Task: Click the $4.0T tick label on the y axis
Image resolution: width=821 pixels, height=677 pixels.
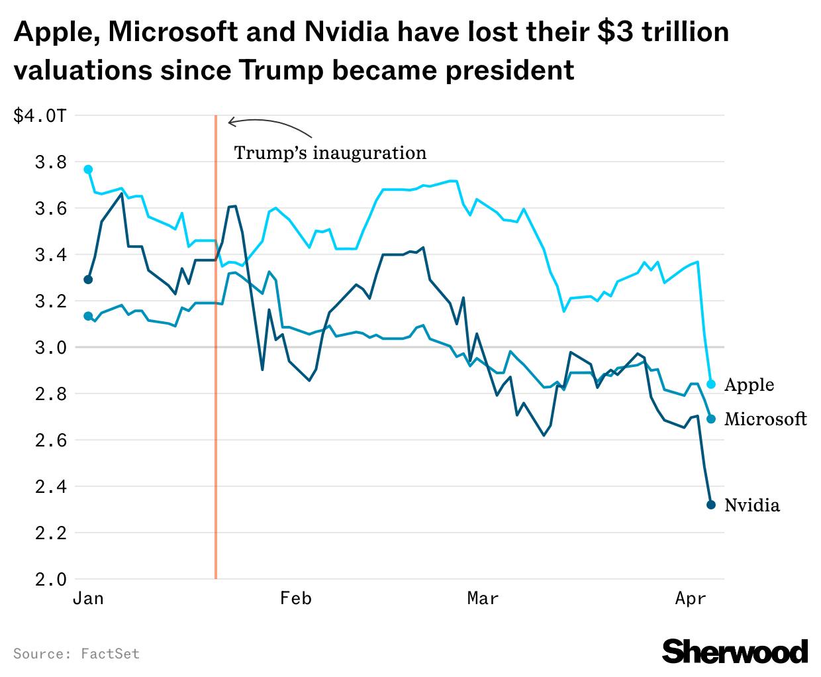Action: pyautogui.click(x=40, y=116)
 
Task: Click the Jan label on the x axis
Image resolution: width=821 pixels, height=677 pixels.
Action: pyautogui.click(x=88, y=599)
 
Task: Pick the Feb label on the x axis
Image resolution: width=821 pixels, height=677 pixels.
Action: pyautogui.click(x=295, y=599)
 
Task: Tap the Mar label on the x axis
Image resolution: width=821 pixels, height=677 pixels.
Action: pyautogui.click(x=483, y=599)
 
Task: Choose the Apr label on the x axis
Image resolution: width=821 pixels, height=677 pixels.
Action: pyautogui.click(x=691, y=599)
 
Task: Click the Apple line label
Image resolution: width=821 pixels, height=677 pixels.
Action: pyautogui.click(x=749, y=385)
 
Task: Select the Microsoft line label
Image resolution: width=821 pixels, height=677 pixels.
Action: pyautogui.click(x=765, y=419)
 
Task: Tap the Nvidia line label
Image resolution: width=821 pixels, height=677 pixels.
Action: pyautogui.click(x=752, y=505)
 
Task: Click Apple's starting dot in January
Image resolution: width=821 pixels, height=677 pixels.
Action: pyautogui.click(x=88, y=170)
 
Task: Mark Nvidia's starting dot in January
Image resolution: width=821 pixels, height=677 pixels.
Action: pyautogui.click(x=88, y=280)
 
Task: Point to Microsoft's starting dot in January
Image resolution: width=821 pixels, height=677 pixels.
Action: pyautogui.click(x=88, y=316)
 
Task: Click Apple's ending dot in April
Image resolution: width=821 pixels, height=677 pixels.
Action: pyautogui.click(x=711, y=384)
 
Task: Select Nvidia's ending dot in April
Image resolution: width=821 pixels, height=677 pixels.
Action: pyautogui.click(x=711, y=505)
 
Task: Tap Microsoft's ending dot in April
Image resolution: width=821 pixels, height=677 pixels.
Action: pyautogui.click(x=711, y=419)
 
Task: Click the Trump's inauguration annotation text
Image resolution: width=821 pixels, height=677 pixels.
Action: pyautogui.click(x=330, y=153)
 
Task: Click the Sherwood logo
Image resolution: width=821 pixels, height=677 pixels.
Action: pyautogui.click(x=735, y=651)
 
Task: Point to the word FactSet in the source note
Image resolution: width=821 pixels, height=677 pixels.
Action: pyautogui.click(x=110, y=654)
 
